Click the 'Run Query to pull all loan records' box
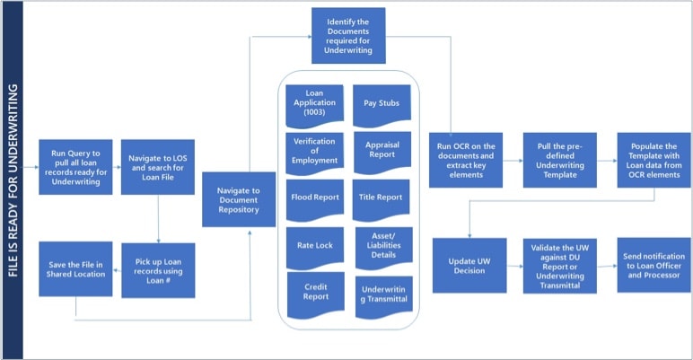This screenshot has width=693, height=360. (75, 167)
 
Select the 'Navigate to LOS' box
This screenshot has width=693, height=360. (158, 167)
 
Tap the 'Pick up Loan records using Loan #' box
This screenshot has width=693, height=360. (158, 270)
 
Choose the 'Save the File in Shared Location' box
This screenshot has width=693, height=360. (75, 269)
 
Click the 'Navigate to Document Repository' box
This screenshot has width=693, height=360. (239, 199)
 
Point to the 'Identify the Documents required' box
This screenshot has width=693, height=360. (348, 35)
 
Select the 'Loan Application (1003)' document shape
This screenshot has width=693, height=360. (315, 105)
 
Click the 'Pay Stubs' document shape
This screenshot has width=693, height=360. (382, 105)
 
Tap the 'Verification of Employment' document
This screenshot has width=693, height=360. (315, 154)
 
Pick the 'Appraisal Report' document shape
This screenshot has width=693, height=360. (382, 152)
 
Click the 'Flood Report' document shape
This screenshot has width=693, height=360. (315, 200)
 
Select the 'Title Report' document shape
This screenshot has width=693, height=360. (381, 200)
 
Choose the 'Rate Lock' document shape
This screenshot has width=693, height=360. (315, 248)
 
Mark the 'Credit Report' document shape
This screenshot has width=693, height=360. (316, 295)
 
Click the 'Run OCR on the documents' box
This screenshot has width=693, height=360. (466, 160)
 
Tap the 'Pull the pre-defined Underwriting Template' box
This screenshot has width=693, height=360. (560, 160)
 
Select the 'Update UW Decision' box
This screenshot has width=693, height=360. (469, 266)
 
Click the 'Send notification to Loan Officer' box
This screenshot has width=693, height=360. (654, 265)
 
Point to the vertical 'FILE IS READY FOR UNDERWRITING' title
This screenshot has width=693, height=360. (13, 180)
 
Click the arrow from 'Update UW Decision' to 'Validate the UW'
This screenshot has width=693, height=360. (515, 267)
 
